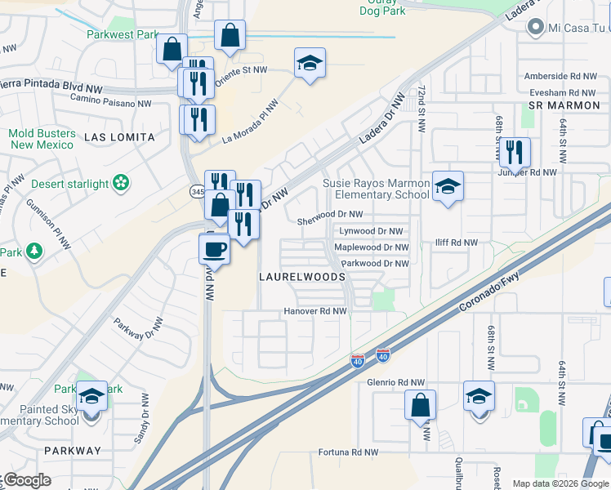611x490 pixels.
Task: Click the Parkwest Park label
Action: pyautogui.click(x=123, y=35)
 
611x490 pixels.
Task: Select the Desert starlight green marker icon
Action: pyautogui.click(x=122, y=183)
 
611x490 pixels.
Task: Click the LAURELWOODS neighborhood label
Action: pyautogui.click(x=301, y=278)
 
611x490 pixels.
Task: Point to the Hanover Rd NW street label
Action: pyautogui.click(x=315, y=311)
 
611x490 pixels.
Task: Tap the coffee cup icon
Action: pyautogui.click(x=215, y=247)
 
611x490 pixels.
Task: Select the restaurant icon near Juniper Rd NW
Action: pyautogui.click(x=514, y=152)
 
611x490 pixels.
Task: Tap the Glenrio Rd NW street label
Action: pyautogui.click(x=396, y=381)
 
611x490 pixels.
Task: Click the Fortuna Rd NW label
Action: pyautogui.click(x=348, y=452)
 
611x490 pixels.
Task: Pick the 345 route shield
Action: pyautogui.click(x=197, y=191)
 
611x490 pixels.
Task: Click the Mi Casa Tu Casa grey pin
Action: pyautogui.click(x=536, y=28)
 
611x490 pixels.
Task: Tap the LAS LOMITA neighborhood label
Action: pyautogui.click(x=119, y=138)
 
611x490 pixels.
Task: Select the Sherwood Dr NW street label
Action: pyautogui.click(x=329, y=214)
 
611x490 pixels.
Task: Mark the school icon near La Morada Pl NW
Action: pyautogui.click(x=310, y=63)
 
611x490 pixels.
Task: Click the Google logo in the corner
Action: pyautogui.click(x=27, y=480)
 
